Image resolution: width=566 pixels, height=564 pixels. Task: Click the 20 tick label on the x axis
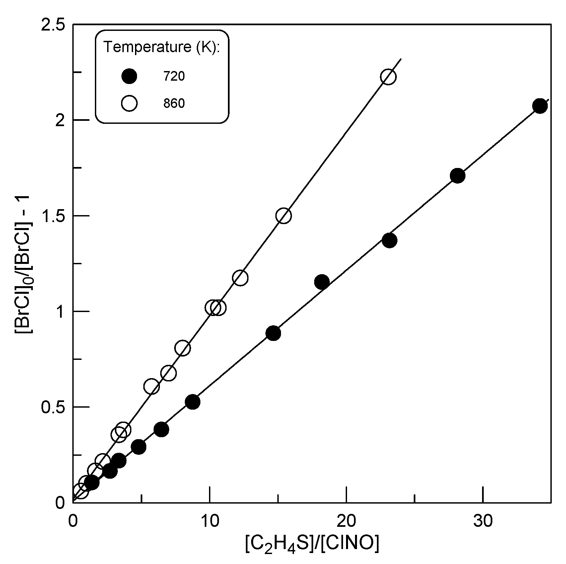[x=346, y=522]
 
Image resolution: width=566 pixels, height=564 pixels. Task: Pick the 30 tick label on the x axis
[x=483, y=522]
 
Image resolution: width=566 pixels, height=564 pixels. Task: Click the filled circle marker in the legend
[x=129, y=77]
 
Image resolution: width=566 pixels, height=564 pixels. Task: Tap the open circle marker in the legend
[x=129, y=104]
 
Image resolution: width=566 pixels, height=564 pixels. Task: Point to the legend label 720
[x=174, y=77]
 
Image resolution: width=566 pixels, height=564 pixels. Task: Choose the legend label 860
[x=174, y=104]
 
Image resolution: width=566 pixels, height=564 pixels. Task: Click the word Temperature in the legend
[x=147, y=47]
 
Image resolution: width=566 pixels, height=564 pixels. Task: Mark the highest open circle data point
[x=388, y=77]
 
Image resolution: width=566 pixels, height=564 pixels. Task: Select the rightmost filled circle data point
[x=540, y=106]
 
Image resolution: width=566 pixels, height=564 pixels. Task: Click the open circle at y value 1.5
[x=283, y=216]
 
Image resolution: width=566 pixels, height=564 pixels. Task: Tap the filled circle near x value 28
[x=458, y=176]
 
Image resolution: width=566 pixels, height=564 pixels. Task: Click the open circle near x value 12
[x=240, y=278]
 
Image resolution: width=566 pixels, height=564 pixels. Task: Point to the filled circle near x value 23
[x=389, y=240]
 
